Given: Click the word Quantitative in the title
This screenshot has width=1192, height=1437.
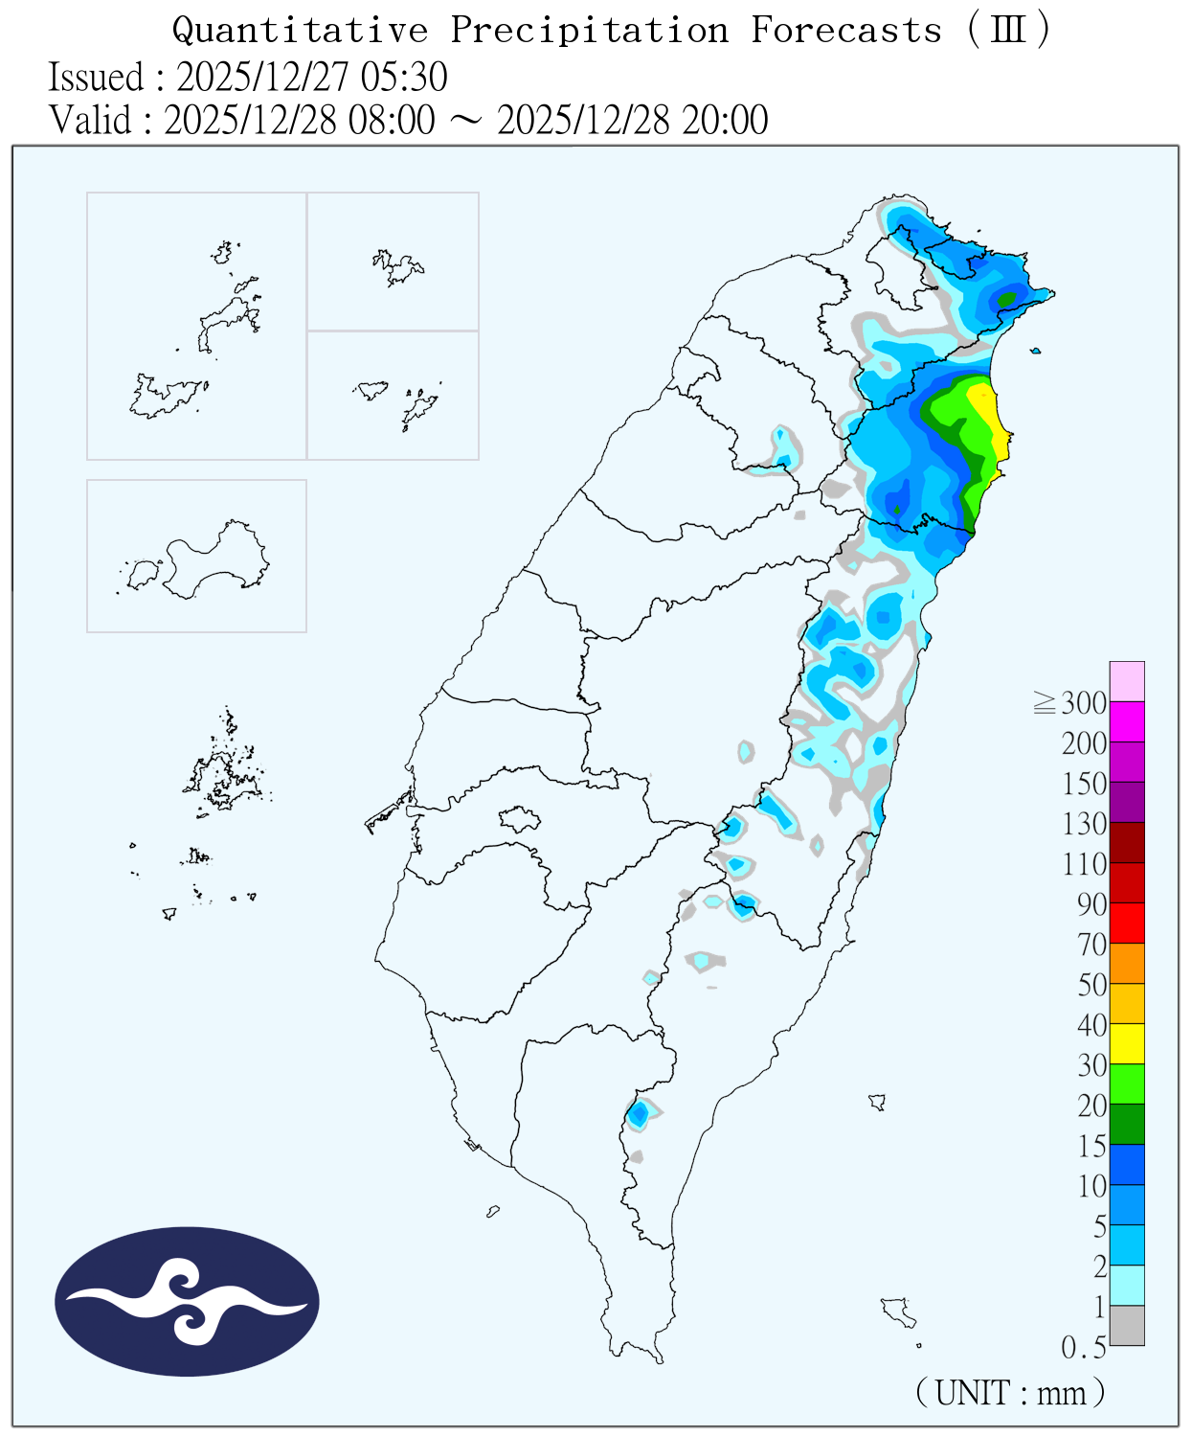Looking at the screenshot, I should (x=300, y=31).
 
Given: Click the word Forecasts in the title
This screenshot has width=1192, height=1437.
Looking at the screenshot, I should (x=845, y=31).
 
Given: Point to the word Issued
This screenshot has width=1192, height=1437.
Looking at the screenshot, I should (x=96, y=77).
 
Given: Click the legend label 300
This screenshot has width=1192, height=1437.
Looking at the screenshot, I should (x=1084, y=703).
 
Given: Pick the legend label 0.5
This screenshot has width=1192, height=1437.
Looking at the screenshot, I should (x=1084, y=1348).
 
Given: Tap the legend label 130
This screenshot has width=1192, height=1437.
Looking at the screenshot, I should (x=1084, y=824).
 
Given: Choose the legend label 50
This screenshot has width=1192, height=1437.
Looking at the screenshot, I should (x=1091, y=985).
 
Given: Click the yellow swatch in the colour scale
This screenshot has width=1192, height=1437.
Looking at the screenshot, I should (x=1127, y=1043).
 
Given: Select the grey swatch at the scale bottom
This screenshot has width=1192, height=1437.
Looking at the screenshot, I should (x=1127, y=1325).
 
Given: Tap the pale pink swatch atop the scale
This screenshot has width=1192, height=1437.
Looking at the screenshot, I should (x=1127, y=681).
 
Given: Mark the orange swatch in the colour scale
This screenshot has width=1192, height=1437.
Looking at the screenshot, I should (x=1127, y=963).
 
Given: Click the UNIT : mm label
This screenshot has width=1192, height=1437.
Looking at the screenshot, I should (x=1010, y=1392).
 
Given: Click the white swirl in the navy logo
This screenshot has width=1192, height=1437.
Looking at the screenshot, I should (x=187, y=1301).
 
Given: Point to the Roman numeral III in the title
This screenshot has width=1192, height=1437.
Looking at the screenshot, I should (x=1007, y=31).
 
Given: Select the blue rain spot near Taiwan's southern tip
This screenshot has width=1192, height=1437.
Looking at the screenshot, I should (x=639, y=1114).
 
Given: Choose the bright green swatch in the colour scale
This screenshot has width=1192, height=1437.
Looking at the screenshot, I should (x=1127, y=1083).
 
